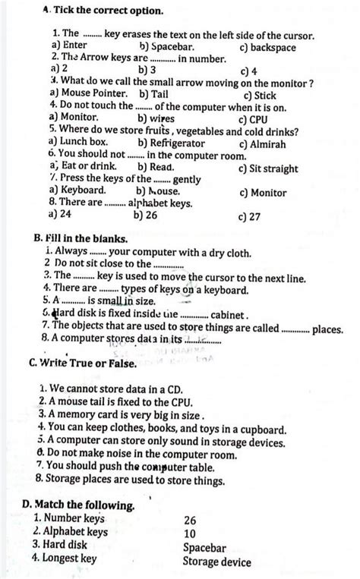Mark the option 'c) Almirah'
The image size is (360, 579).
[264, 143]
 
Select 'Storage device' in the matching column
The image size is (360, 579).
[216, 562]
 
